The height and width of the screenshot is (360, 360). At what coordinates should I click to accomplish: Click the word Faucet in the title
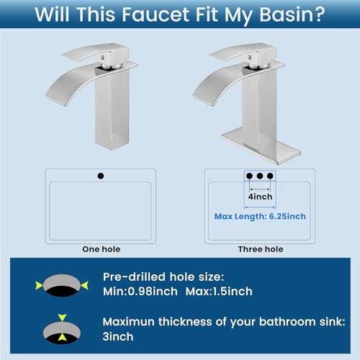[x=156, y=14]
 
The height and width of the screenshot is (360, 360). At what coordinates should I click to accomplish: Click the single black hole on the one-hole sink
[x=101, y=176]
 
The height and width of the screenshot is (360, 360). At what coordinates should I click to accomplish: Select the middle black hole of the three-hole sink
[x=260, y=176]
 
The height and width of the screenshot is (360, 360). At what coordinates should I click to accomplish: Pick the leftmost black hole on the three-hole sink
[x=249, y=176]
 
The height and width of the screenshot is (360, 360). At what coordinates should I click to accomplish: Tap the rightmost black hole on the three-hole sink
[x=270, y=176]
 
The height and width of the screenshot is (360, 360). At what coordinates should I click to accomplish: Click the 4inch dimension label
[x=261, y=197]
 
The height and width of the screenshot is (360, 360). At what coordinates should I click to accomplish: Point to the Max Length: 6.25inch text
[x=260, y=216]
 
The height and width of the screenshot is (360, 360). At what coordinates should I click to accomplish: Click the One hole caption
[x=102, y=249]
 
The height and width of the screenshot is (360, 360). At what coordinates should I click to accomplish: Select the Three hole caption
[x=261, y=249]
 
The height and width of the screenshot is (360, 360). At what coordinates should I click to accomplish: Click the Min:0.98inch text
[x=140, y=292]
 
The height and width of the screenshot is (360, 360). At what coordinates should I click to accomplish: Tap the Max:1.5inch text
[x=219, y=292]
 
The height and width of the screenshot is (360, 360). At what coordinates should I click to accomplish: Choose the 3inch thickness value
[x=118, y=336]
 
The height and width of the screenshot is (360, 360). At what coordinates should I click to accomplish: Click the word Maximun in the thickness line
[x=129, y=322]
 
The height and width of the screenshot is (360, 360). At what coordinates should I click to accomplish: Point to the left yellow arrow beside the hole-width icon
[x=39, y=285]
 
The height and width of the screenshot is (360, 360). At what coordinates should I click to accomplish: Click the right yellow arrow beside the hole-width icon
[x=85, y=285]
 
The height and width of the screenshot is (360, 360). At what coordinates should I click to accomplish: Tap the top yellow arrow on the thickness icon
[x=62, y=318]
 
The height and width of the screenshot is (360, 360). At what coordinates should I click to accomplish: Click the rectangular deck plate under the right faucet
[x=261, y=146]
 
